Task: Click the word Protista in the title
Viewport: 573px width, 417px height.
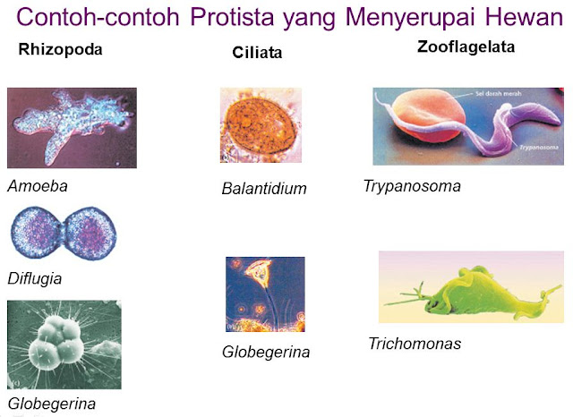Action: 232,16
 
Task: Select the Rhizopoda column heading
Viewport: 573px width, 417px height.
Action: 60,49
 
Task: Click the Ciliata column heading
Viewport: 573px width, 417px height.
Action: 257,53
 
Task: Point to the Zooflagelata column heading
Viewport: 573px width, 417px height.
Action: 466,47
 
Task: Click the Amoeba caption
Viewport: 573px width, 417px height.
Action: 38,186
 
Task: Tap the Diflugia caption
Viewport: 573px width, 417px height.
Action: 35,279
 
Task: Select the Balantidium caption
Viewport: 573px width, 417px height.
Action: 264,189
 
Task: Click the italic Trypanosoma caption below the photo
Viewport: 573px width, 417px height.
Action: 412,186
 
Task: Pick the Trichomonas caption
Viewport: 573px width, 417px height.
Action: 415,344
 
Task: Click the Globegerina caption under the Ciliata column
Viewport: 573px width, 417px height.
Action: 266,353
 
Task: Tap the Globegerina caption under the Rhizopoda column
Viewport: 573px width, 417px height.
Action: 52,404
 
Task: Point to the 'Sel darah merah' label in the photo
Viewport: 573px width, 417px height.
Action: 499,94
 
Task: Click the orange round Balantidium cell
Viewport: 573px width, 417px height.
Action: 261,123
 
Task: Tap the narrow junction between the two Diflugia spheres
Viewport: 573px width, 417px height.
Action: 64,233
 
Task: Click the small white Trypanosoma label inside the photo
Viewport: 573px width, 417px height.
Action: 539,148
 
